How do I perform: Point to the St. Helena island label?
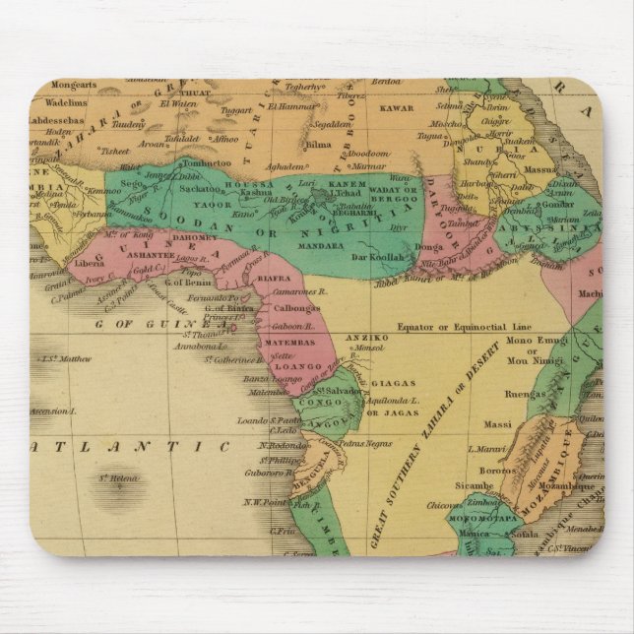click(120, 480)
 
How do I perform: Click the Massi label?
click(499, 424)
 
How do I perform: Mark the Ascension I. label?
click(54, 411)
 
